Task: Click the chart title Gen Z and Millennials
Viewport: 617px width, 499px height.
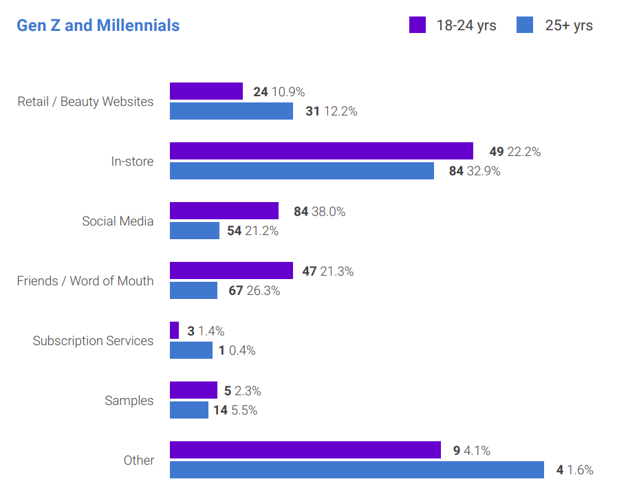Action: (x=98, y=25)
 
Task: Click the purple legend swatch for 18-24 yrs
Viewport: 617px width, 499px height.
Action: (x=418, y=25)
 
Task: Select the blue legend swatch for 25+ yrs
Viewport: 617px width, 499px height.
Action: (x=525, y=25)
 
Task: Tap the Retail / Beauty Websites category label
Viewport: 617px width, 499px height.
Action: (x=85, y=102)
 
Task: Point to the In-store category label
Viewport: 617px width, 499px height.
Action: (x=132, y=162)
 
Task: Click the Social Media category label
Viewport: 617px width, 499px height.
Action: (x=118, y=221)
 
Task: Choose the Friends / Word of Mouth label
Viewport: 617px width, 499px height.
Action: (x=85, y=281)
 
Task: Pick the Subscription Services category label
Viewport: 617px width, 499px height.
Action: (x=93, y=341)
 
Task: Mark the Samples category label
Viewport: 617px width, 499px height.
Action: (x=129, y=401)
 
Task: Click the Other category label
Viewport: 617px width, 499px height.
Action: (x=139, y=461)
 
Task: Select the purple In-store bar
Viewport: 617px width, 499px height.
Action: (x=321, y=151)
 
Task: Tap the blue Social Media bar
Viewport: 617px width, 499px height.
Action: (x=195, y=231)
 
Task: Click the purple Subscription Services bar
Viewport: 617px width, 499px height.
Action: (x=174, y=331)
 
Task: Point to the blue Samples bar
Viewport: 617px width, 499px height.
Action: (x=189, y=410)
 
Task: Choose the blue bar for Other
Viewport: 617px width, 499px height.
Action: (x=357, y=470)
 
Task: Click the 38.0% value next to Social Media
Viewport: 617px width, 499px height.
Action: (x=328, y=212)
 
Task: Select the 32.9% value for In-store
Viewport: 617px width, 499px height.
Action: (x=484, y=171)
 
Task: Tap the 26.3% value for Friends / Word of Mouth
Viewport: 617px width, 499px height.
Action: (x=263, y=291)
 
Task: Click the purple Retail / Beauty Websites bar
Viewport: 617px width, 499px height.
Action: (x=206, y=91)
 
